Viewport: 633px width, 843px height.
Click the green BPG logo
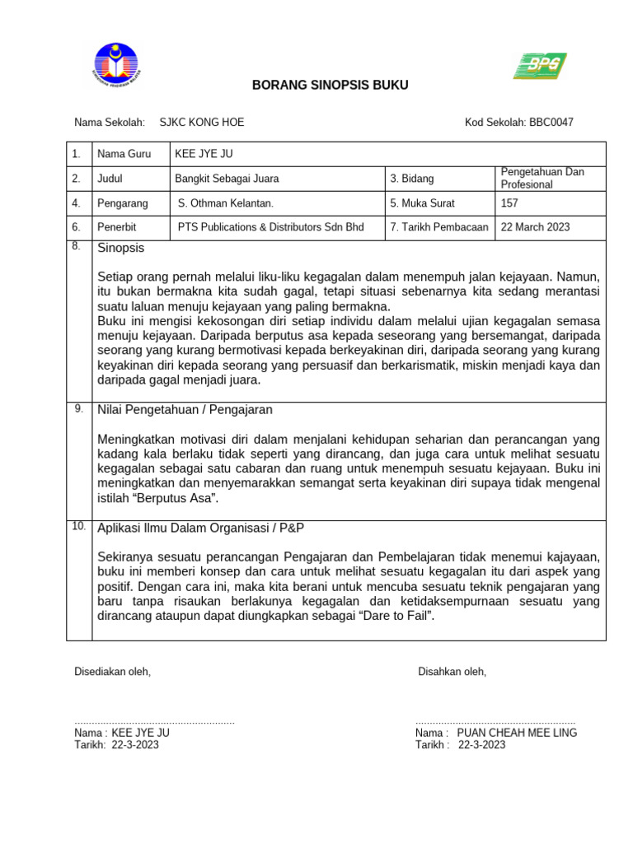(x=540, y=66)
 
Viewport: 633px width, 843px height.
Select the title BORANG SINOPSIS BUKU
(x=330, y=86)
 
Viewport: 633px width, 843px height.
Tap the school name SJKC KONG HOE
(x=201, y=123)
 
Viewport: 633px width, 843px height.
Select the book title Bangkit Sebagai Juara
(x=227, y=179)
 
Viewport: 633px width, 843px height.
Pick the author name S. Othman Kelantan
(x=226, y=203)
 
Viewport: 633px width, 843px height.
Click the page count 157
(x=509, y=203)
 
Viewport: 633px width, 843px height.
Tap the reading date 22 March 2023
(x=535, y=227)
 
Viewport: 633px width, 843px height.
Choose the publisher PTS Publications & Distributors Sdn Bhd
(x=271, y=227)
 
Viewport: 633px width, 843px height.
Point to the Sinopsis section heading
(x=121, y=248)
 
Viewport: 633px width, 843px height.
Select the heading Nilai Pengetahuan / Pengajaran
(x=185, y=409)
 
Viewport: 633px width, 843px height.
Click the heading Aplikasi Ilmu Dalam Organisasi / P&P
(x=205, y=528)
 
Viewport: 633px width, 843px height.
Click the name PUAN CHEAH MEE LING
(x=517, y=733)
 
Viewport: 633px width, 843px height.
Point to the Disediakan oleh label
(x=113, y=672)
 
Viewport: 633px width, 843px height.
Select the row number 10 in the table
(x=79, y=526)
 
